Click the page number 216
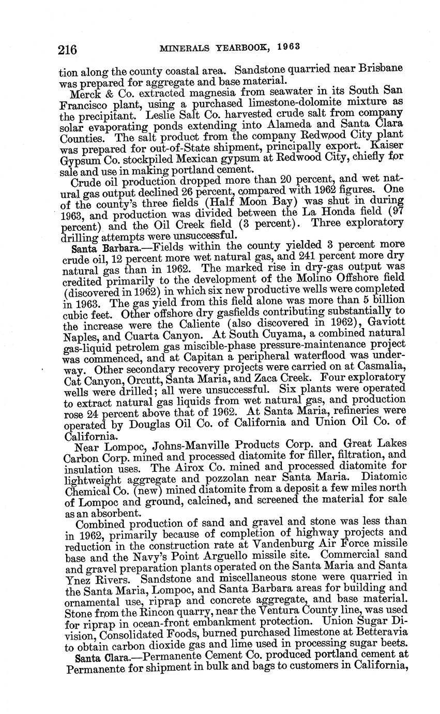pyautogui.click(x=67, y=50)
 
